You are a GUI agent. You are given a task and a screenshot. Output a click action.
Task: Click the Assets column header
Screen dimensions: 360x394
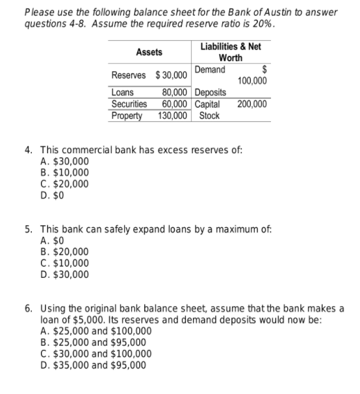pos(149,51)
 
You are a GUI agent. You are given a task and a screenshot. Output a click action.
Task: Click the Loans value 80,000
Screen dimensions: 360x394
pos(175,92)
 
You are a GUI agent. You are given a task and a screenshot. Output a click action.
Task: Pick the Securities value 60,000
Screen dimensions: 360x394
pos(175,104)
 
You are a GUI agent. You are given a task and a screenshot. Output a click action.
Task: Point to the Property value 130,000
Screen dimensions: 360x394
pos(173,116)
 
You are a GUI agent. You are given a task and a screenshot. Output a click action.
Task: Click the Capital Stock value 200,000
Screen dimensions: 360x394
pos(251,104)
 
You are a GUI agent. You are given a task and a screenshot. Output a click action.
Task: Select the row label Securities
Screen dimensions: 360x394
pos(129,104)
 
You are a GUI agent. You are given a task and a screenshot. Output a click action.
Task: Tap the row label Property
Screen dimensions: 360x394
pos(127,116)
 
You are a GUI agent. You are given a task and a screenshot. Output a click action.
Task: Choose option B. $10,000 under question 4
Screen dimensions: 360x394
pos(65,173)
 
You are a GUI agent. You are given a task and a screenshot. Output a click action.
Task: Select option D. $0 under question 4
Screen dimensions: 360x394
pos(53,193)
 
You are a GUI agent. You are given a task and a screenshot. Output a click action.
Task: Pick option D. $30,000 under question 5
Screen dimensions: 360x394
pos(65,273)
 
